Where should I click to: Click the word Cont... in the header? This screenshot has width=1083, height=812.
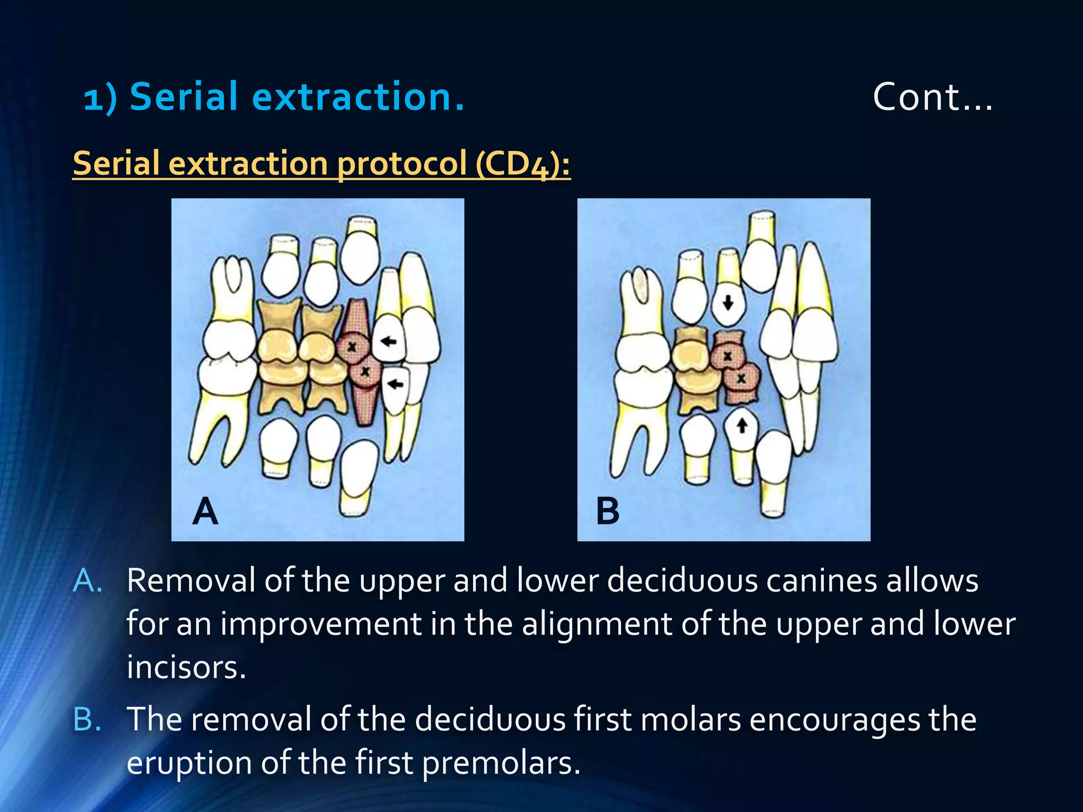[932, 97]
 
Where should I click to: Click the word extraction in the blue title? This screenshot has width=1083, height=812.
[358, 97]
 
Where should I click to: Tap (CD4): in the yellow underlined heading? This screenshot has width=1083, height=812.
[522, 163]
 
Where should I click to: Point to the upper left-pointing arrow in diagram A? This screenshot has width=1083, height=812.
[389, 342]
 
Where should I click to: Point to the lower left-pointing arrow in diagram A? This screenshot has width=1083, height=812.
[396, 384]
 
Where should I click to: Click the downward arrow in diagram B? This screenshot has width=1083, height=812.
[728, 302]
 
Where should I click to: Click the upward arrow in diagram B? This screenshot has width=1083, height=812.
[742, 425]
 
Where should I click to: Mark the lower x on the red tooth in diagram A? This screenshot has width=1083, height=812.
[365, 372]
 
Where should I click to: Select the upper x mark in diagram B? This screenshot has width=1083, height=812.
[728, 356]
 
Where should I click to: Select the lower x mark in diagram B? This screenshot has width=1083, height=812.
[741, 379]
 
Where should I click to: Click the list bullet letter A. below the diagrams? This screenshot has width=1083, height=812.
[87, 581]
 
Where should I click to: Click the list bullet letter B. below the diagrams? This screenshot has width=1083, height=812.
[87, 719]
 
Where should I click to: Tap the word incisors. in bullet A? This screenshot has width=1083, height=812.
[186, 668]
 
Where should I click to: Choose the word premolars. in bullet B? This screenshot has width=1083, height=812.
[501, 763]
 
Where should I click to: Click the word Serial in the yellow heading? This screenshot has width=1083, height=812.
[116, 163]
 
